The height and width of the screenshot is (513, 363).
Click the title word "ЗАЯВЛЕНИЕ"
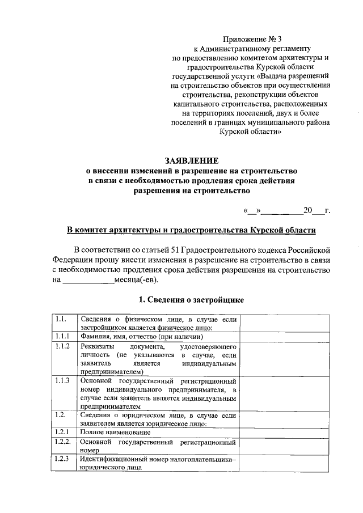(x=191, y=160)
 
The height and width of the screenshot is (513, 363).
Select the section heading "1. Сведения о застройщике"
(x=191, y=299)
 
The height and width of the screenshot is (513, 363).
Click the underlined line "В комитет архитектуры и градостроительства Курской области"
(x=191, y=230)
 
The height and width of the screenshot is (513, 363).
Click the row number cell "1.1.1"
(x=62, y=336)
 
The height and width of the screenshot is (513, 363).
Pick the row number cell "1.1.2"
(x=63, y=346)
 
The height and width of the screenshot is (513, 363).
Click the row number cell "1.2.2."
(x=63, y=441)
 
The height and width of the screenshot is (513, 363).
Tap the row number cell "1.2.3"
(x=62, y=459)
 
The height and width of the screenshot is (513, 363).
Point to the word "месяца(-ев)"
(x=137, y=279)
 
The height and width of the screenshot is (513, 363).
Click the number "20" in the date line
(x=307, y=211)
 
